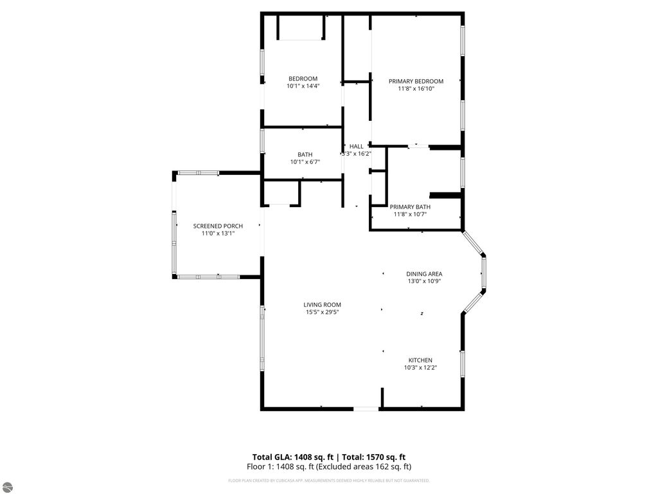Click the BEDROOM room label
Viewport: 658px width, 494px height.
point(303,78)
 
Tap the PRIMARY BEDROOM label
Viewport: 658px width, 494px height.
point(416,81)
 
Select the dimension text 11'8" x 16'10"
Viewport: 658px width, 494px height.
point(416,89)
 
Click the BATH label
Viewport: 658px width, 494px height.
point(305,154)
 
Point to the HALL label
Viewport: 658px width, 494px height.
point(356,147)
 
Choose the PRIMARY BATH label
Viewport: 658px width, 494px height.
point(410,206)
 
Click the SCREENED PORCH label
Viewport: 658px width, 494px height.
point(218,226)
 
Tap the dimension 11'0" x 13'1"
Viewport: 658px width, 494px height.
point(218,233)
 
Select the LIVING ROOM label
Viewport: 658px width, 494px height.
point(323,304)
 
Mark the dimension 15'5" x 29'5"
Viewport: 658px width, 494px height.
point(323,312)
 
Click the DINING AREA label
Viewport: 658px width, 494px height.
point(424,273)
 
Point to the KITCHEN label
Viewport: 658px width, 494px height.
point(420,360)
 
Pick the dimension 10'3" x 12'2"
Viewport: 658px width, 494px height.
point(420,367)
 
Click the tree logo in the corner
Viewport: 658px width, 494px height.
point(7,486)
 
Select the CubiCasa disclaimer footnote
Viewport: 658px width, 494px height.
point(328,480)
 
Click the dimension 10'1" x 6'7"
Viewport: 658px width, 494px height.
point(305,162)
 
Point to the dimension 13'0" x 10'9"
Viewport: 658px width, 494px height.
point(424,281)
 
